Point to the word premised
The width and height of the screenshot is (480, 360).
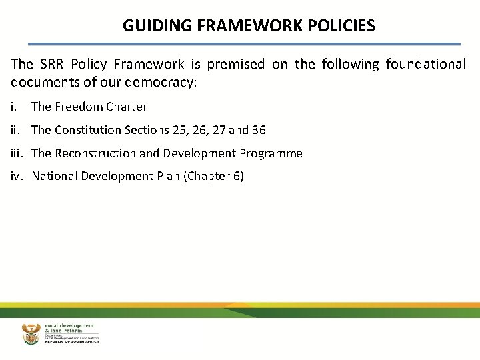point(235,65)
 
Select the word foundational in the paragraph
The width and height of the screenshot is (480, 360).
point(427,65)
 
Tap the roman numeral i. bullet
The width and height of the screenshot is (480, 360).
point(14,107)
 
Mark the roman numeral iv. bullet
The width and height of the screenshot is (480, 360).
point(17,177)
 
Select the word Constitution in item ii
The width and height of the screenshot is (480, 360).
point(88,130)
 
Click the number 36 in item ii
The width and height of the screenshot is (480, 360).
point(259,130)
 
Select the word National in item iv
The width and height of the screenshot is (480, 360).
point(55,177)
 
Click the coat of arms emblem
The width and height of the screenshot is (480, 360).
point(31,333)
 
